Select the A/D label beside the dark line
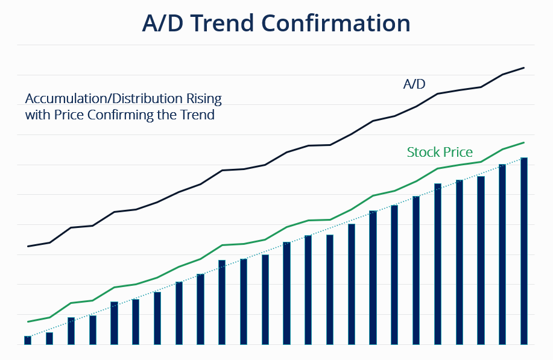[414, 84]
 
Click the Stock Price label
[440, 152]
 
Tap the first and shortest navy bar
[27, 340]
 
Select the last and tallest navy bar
[524, 251]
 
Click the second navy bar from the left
[49, 338]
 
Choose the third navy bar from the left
[71, 330]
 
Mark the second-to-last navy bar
[502, 254]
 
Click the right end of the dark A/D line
[523, 68]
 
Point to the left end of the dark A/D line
[28, 246]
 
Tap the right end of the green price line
[523, 143]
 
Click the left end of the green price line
[28, 321]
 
